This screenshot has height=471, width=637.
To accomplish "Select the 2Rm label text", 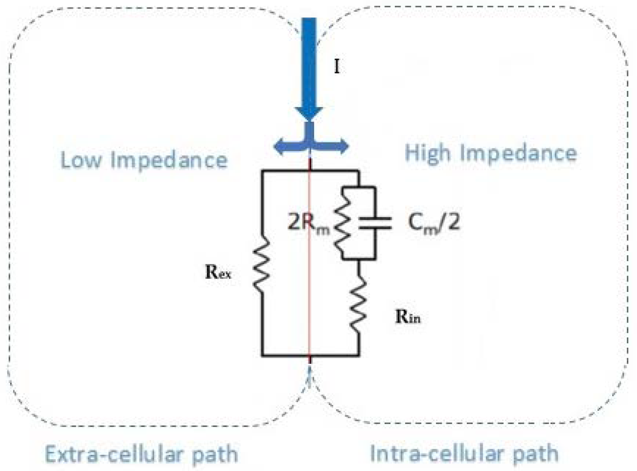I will pyautogui.click(x=308, y=224).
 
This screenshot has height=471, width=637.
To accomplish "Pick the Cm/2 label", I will pyautogui.click(x=434, y=223).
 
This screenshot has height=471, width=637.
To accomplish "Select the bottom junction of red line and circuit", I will pyautogui.click(x=310, y=356).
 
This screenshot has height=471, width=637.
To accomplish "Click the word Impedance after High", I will pyautogui.click(x=519, y=154).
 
